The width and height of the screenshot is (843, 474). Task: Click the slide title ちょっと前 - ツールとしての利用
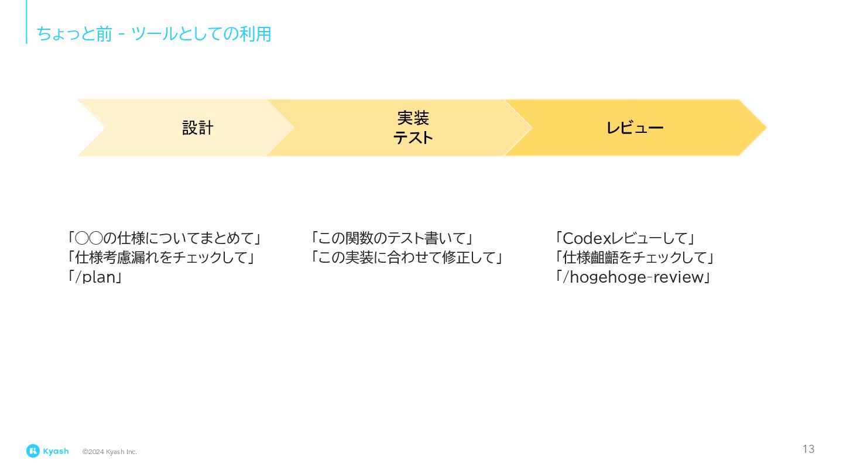154,34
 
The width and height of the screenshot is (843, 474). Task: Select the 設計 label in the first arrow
198,128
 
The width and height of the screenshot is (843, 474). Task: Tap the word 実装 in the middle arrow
413,118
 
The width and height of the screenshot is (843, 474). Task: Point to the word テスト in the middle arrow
413,138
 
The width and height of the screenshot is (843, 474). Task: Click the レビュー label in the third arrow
635,128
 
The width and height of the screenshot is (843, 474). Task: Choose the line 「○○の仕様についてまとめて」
165,238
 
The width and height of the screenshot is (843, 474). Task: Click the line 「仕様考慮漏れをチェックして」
161,257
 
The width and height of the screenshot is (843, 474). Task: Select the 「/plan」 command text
95,277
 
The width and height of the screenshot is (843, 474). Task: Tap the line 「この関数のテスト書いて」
392,238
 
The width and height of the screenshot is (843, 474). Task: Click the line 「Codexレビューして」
625,238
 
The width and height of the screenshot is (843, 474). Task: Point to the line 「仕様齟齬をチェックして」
635,257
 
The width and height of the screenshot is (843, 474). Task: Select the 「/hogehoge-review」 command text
632,277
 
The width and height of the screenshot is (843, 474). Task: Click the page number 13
808,449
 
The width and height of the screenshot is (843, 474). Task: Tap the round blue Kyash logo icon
33,451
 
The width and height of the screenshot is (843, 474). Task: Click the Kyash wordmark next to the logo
56,451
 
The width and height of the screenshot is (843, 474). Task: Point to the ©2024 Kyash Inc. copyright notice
109,452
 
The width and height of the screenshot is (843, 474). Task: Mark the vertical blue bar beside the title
26,22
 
